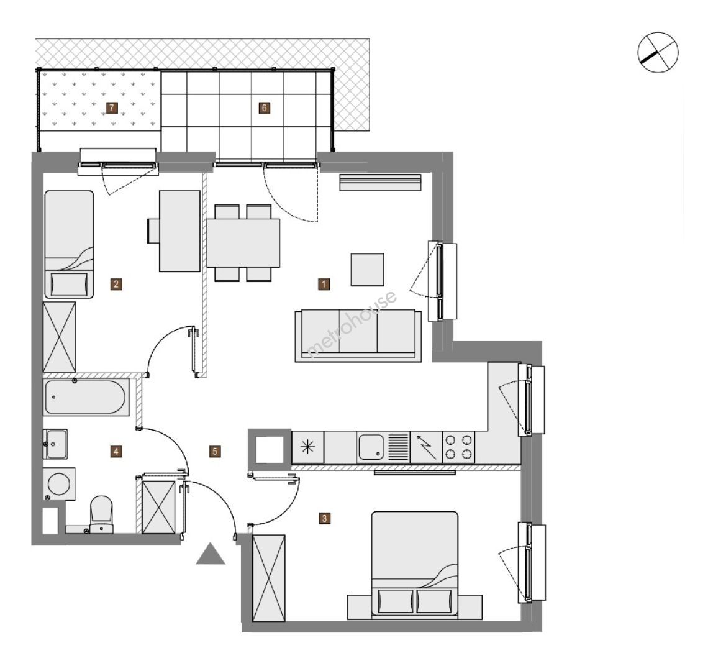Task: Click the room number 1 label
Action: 324,284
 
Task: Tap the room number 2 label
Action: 117,284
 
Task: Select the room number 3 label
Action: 324,518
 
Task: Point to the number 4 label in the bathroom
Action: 116,451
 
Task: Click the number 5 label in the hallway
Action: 215,451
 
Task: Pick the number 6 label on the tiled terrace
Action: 265,108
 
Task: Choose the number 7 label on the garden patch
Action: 112,108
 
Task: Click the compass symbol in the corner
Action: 658,52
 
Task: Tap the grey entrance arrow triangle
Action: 211,554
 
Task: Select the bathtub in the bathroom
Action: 86,397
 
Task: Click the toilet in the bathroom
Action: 101,514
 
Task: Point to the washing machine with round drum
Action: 59,485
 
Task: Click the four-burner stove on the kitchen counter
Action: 458,447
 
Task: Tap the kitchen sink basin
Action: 371,447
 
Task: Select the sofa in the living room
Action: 358,335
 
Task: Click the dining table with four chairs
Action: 243,243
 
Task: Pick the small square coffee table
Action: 368,269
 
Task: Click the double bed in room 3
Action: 414,565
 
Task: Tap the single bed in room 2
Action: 69,244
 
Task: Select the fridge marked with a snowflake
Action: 308,447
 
